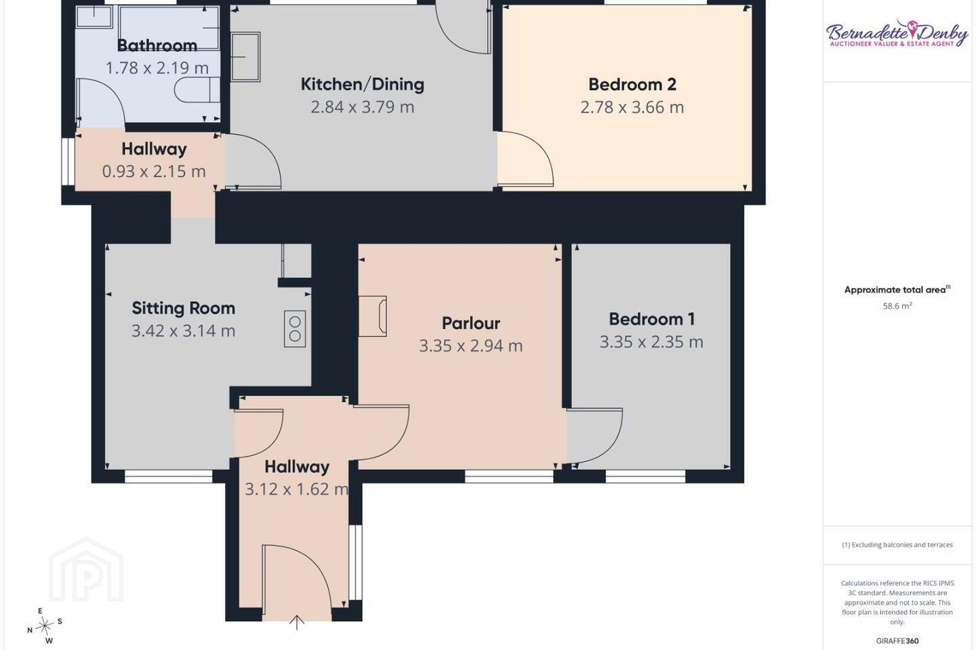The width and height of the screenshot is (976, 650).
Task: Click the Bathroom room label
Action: [157, 45]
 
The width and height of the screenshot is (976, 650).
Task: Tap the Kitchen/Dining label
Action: [363, 85]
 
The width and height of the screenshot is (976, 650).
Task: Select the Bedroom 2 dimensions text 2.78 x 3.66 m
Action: [632, 107]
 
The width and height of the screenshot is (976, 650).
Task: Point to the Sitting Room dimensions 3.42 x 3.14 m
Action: [184, 331]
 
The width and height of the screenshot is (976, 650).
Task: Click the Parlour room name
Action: [471, 323]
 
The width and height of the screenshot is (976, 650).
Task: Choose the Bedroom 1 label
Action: [652, 319]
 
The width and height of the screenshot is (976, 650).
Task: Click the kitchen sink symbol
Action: [246, 57]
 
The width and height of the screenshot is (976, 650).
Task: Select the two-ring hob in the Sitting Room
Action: [295, 328]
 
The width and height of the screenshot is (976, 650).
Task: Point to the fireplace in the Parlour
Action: [373, 316]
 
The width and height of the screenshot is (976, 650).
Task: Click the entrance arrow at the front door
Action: [297, 622]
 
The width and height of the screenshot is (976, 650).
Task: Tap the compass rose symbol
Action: [45, 626]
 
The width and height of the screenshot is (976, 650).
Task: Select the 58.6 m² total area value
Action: [897, 306]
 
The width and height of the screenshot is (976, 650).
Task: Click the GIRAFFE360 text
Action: [897, 641]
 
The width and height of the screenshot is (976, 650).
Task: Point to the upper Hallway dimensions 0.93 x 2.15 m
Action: [154, 171]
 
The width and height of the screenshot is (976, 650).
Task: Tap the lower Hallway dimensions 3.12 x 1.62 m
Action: [297, 490]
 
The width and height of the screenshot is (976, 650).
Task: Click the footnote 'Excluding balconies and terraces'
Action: [897, 544]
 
